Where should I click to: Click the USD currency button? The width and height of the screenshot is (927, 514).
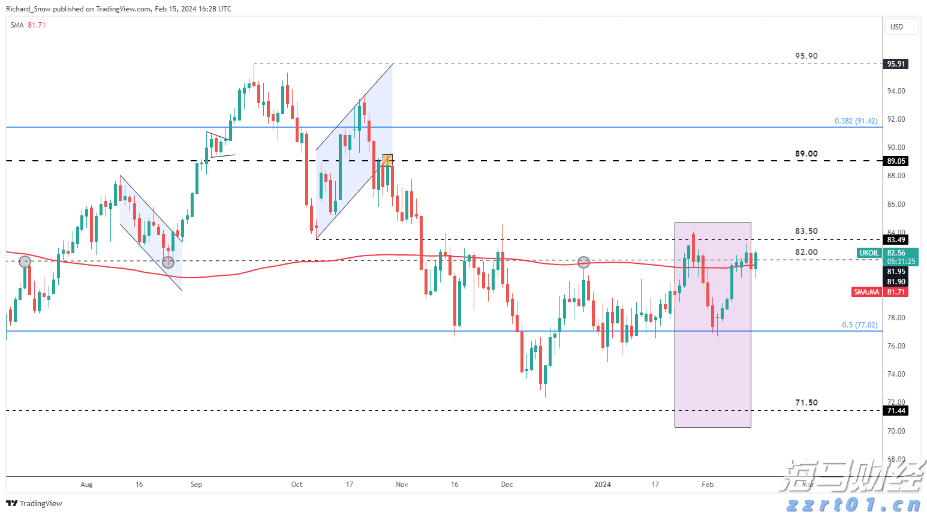click(901, 26)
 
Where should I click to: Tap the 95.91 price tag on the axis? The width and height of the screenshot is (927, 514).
click(896, 64)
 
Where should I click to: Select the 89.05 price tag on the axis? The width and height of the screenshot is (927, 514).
click(896, 161)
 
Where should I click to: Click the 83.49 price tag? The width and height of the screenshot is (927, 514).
click(896, 240)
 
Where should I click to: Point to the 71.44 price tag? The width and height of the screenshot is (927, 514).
click(896, 411)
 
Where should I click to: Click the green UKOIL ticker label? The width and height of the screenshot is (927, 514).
click(869, 253)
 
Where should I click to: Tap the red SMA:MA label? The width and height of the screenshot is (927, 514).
click(866, 292)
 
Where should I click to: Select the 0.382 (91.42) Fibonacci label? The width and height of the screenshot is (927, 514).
click(856, 121)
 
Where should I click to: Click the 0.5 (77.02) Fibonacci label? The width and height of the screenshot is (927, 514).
click(859, 325)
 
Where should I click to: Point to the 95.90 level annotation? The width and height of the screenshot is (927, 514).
click(806, 56)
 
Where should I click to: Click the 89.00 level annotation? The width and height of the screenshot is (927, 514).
click(806, 154)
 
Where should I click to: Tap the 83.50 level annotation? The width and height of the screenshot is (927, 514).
click(806, 232)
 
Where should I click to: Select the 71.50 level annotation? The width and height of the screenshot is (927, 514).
click(806, 403)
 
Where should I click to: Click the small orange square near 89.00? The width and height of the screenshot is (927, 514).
click(387, 160)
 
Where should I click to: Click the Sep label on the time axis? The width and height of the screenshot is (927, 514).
click(196, 485)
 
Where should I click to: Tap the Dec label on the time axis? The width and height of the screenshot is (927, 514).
click(507, 485)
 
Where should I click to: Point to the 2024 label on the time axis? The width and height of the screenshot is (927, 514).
click(603, 485)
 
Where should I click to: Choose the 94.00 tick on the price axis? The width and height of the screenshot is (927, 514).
click(896, 91)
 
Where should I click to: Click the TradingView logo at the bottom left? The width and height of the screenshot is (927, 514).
click(34, 503)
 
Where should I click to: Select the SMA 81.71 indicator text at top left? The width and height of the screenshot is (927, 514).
click(28, 25)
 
